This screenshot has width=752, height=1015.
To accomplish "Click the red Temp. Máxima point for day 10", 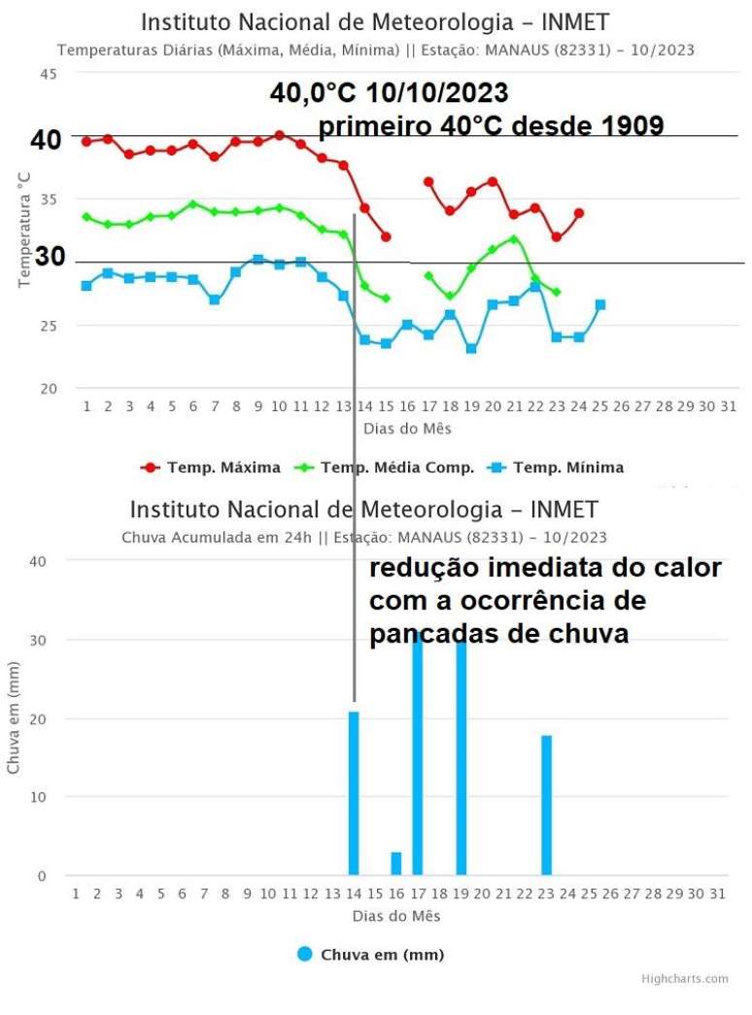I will [x=280, y=135].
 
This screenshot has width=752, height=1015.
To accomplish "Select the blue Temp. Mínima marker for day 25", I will [x=600, y=304].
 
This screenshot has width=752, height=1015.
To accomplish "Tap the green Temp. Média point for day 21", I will [x=514, y=239].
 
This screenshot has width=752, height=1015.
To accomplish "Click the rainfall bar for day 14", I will [x=354, y=792].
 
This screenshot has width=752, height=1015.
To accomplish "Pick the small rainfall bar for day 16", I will [x=396, y=863].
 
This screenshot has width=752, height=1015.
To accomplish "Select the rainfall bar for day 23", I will [x=547, y=805].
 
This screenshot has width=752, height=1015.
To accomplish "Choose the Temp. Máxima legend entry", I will [x=212, y=468].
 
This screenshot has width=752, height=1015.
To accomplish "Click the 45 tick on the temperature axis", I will [x=49, y=74].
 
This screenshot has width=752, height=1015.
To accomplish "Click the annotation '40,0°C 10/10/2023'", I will [x=389, y=93].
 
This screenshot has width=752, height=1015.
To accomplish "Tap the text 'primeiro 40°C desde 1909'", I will [x=491, y=126].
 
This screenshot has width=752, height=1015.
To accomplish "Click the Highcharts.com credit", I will [x=684, y=979].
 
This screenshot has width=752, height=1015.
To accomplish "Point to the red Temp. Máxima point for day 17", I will [x=428, y=182].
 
